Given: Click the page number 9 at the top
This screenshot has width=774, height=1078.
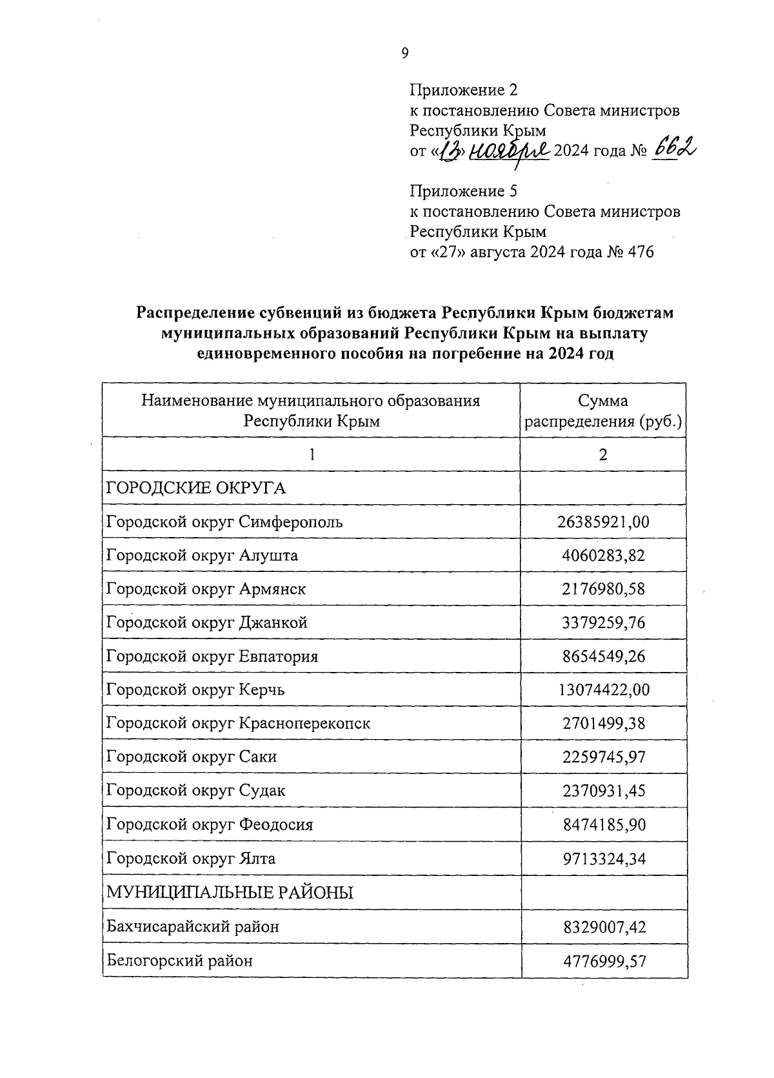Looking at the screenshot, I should click(404, 54).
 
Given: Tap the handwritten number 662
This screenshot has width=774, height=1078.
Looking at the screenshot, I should click(675, 150).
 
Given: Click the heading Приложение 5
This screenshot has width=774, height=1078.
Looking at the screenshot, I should click(464, 191).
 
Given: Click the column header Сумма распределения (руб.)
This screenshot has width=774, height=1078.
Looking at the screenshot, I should click(603, 411).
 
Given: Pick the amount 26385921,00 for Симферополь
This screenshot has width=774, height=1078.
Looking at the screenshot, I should click(603, 522).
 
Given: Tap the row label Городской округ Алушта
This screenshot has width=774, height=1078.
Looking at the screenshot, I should click(202, 555).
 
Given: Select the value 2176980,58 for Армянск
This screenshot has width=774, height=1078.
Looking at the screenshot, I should click(603, 589).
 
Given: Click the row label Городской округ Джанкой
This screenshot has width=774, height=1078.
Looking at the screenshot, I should click(206, 622).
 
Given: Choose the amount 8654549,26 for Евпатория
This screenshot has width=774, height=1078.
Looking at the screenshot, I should click(603, 656).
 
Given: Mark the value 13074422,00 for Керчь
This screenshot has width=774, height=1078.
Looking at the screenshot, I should click(603, 690).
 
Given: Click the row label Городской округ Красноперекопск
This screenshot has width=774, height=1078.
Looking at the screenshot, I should click(238, 723).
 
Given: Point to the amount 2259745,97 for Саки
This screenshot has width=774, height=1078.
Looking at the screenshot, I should click(603, 757).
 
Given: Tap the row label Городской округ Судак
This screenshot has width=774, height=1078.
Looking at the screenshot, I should click(195, 790).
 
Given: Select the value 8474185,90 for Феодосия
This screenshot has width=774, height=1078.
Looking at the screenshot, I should click(603, 825).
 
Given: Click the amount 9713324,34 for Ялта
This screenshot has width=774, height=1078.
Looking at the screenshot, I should click(603, 859).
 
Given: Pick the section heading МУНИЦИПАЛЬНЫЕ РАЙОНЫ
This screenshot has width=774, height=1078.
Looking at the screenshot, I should click(230, 893).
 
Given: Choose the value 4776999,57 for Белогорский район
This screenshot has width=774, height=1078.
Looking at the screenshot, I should click(603, 961).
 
